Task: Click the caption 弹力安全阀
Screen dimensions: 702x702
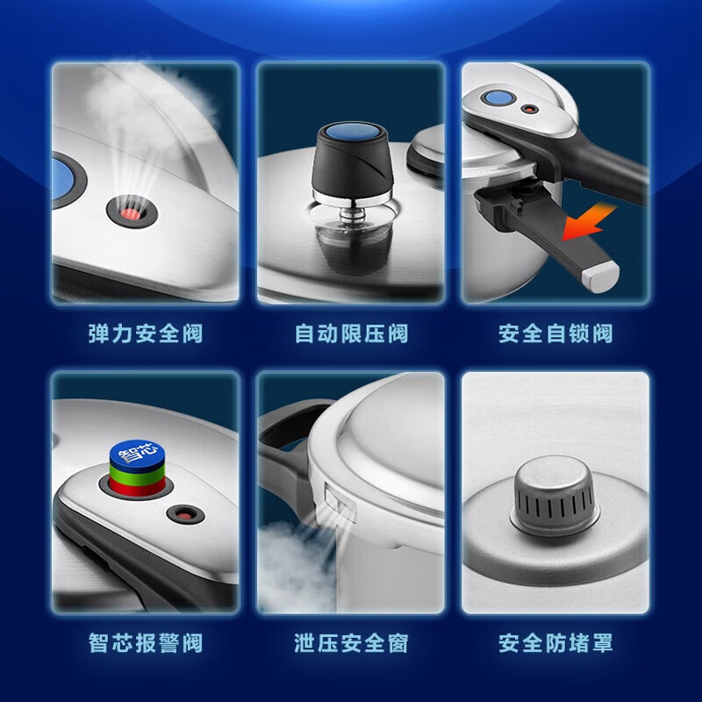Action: tap(145, 334)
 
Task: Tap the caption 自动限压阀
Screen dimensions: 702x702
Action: tap(350, 334)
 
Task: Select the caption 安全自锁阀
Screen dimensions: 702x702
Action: tap(555, 334)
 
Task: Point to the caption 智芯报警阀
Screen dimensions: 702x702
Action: tap(145, 642)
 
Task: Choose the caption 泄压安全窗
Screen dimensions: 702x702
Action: tap(350, 642)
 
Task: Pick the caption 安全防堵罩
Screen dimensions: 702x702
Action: tap(555, 642)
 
